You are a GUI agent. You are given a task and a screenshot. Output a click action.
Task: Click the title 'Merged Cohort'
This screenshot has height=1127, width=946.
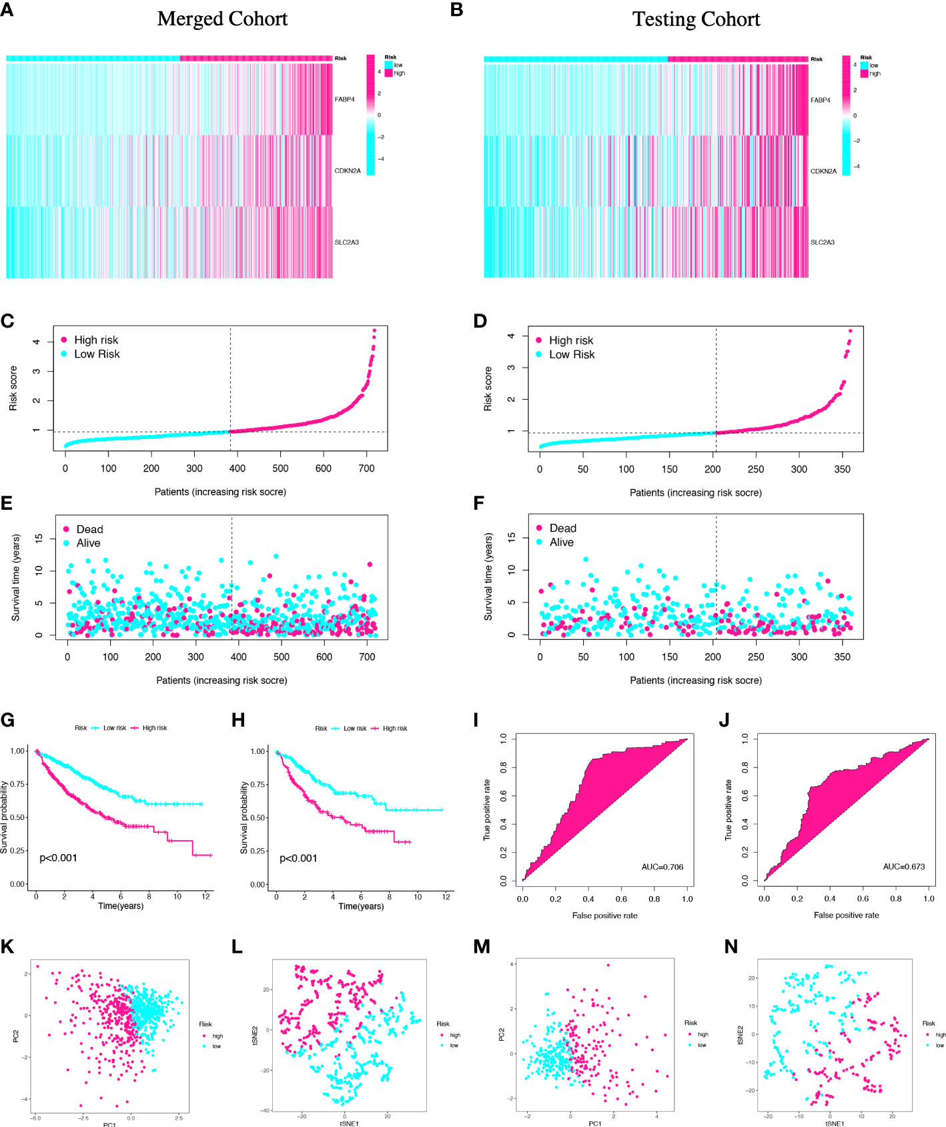[222, 19]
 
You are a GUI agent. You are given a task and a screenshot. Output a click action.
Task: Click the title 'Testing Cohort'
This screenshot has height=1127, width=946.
[696, 19]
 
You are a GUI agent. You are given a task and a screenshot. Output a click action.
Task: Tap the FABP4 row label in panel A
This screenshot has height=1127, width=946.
[344, 99]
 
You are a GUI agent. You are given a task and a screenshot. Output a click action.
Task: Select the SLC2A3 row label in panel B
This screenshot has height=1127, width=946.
[822, 242]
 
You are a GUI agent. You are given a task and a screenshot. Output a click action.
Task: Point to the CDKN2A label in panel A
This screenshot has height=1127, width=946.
[347, 171]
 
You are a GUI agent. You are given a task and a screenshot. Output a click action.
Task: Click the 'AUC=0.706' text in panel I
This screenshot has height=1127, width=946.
[662, 867]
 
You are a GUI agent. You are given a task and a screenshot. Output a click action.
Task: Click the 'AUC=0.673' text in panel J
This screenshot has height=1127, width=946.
[903, 866]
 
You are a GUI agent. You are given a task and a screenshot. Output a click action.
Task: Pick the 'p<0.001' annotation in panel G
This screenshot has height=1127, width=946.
[58, 858]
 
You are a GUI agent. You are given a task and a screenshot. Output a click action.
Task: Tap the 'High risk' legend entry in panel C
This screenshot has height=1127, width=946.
[95, 340]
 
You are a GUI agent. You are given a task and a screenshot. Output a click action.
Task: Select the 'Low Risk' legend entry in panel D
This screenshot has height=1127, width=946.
[571, 355]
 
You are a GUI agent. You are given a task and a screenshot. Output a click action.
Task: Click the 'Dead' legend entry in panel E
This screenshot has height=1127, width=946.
[89, 529]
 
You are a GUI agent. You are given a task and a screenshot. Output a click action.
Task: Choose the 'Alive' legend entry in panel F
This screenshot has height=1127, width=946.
[561, 542]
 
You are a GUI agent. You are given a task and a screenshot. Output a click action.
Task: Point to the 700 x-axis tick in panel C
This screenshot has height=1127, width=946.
[366, 468]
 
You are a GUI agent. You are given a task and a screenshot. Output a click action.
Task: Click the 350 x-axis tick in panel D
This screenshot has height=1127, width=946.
[842, 469]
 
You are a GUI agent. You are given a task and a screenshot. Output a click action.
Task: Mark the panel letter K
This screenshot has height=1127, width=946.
[7, 946]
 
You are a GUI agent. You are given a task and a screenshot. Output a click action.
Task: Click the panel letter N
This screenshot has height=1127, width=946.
[731, 947]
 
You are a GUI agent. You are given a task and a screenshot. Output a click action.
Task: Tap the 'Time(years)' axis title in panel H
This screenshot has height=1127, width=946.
[361, 906]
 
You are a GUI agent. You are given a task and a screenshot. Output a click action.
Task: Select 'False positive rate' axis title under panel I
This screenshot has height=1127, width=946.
[604, 915]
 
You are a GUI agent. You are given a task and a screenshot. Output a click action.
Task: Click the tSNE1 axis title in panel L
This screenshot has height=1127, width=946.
[349, 1124]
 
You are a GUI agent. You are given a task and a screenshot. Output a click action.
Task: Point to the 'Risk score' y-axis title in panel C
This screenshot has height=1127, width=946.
[13, 388]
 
